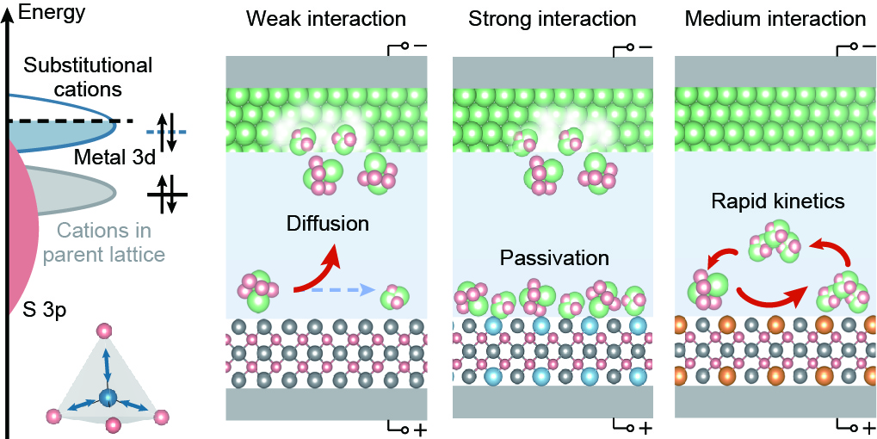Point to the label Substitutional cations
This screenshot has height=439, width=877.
click(x=88, y=77)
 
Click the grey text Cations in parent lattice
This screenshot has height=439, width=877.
click(x=109, y=243)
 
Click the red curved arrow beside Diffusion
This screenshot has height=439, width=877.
click(x=319, y=271)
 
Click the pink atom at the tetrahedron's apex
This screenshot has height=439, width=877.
click(x=106, y=330)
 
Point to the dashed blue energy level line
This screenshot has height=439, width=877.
click(x=159, y=132)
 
